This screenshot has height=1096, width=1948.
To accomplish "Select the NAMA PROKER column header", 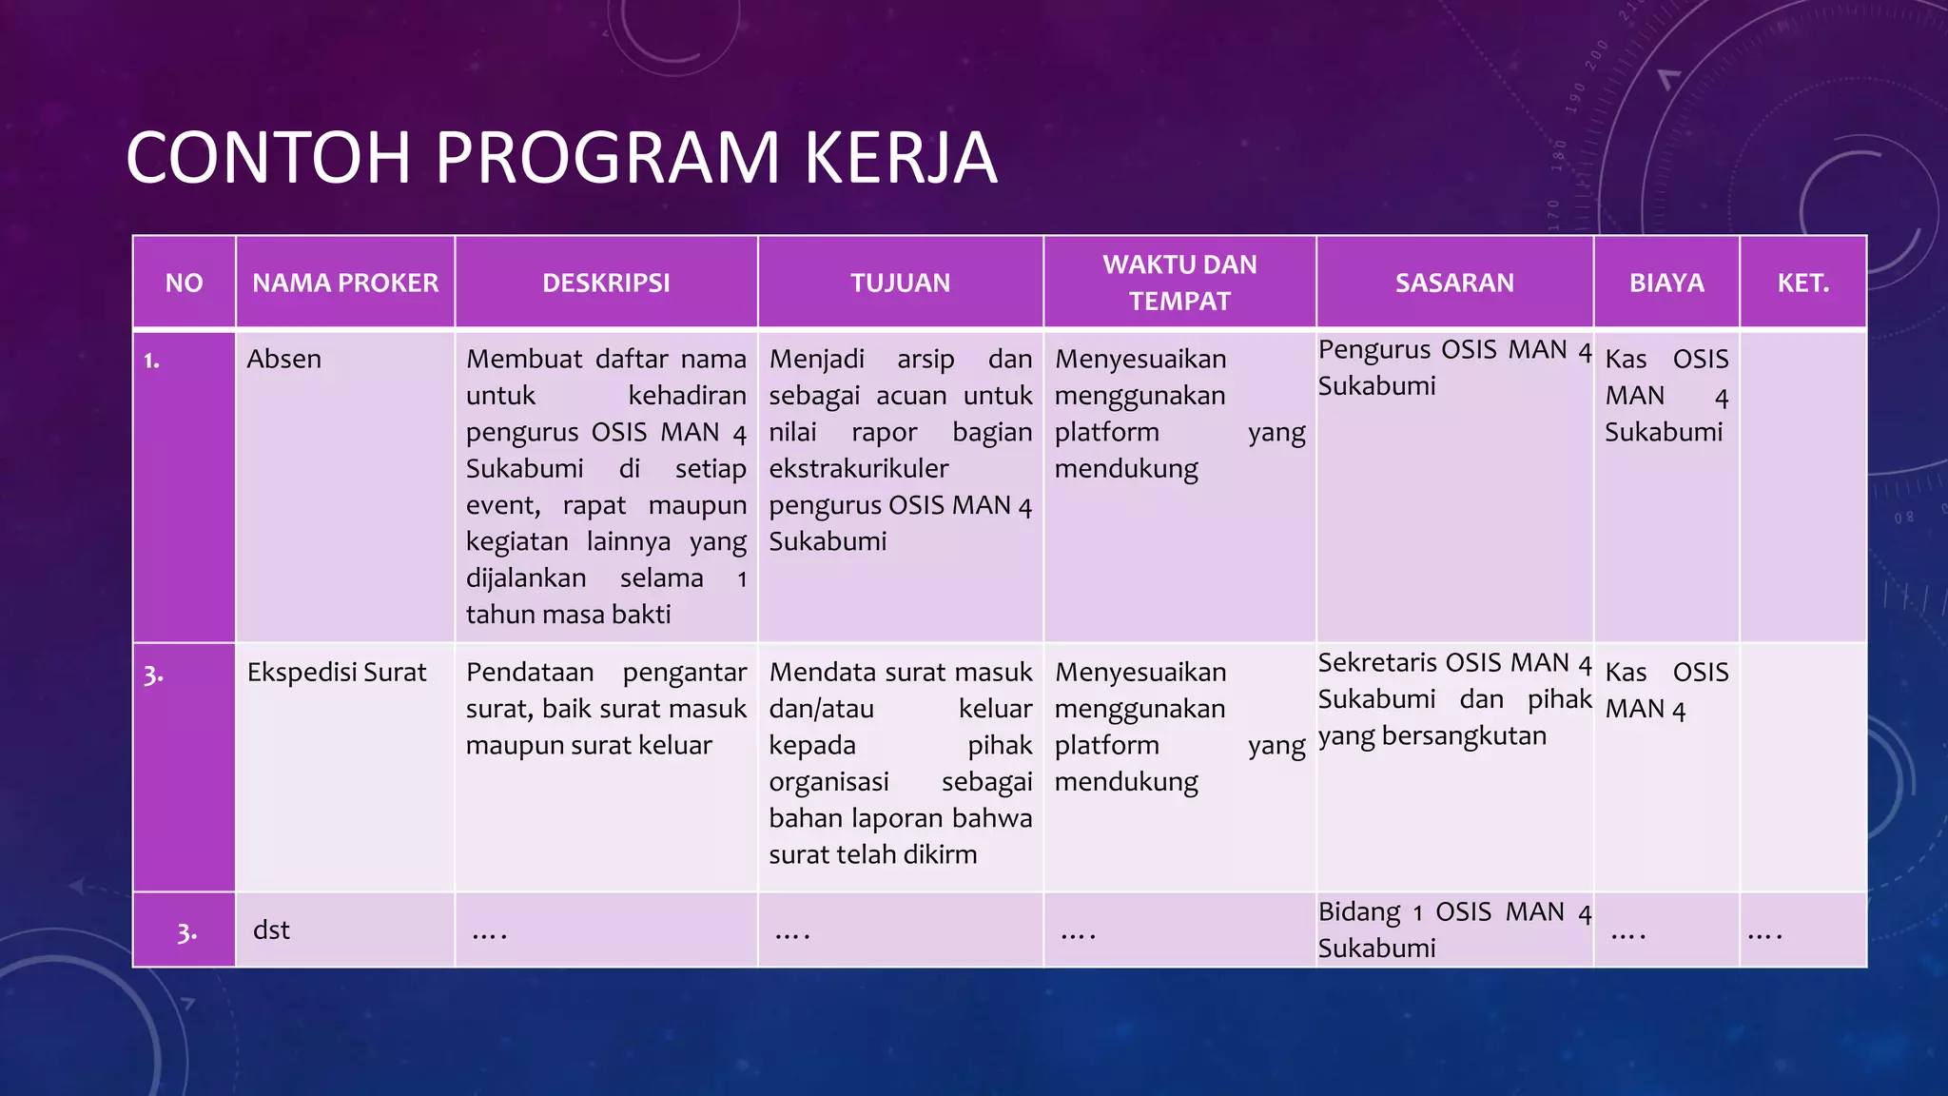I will point(345,283).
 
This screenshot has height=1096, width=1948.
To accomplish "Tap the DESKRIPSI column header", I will point(606,283).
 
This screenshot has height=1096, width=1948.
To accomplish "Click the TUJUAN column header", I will point(900,283).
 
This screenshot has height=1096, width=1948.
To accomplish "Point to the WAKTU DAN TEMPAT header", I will point(1179,283).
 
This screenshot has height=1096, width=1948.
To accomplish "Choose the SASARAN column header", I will point(1454,283).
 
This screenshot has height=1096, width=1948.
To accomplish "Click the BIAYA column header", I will point(1666,283).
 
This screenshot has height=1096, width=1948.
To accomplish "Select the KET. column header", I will point(1802,283).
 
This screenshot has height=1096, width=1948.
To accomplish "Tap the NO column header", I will point(184,283).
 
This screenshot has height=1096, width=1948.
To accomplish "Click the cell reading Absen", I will point(284,360).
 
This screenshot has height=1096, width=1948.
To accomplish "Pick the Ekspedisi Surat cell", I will point(337,673).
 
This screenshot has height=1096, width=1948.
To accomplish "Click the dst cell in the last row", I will point(271,930).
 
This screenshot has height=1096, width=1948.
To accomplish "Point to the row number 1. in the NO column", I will point(152,361).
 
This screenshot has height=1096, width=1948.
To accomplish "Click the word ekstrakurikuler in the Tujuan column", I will point(858,469).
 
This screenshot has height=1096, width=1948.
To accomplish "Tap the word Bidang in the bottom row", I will point(1358,912).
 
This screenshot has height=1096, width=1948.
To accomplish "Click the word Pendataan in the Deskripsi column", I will point(529,673).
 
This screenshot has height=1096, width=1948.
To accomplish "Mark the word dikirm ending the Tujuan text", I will point(938,855).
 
